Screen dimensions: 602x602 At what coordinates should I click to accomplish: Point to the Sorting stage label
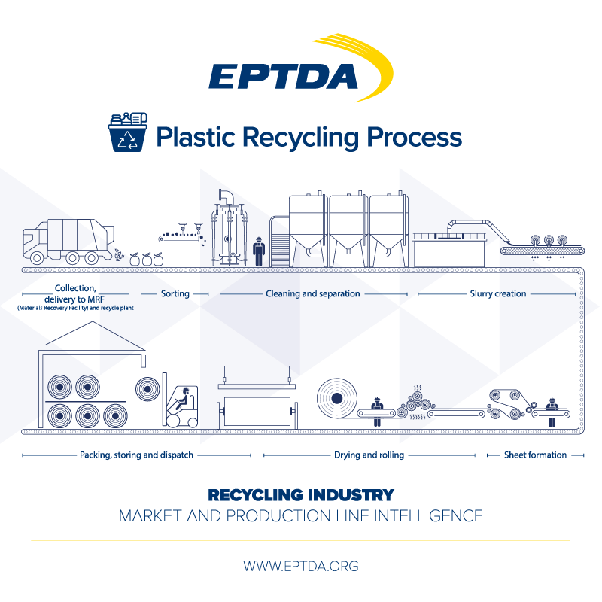pyautogui.click(x=174, y=293)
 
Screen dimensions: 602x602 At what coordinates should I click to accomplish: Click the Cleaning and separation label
pyautogui.click(x=312, y=293)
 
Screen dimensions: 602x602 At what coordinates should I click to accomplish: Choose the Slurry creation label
pyautogui.click(x=497, y=293)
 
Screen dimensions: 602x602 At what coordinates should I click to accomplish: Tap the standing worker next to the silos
pyautogui.click(x=259, y=251)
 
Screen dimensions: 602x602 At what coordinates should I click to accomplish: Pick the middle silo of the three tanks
pyautogui.click(x=348, y=222)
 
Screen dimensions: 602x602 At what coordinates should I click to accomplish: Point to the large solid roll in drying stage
pyautogui.click(x=335, y=397)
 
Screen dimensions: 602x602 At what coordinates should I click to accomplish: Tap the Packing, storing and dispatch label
pyautogui.click(x=136, y=455)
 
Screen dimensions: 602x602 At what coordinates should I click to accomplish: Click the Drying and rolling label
pyautogui.click(x=369, y=455)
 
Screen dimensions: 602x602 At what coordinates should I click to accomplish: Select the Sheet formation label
pyautogui.click(x=535, y=455)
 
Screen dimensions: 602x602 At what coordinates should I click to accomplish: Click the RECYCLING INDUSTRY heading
pyautogui.click(x=300, y=494)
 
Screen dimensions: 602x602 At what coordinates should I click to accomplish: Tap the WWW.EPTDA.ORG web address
pyautogui.click(x=300, y=565)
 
